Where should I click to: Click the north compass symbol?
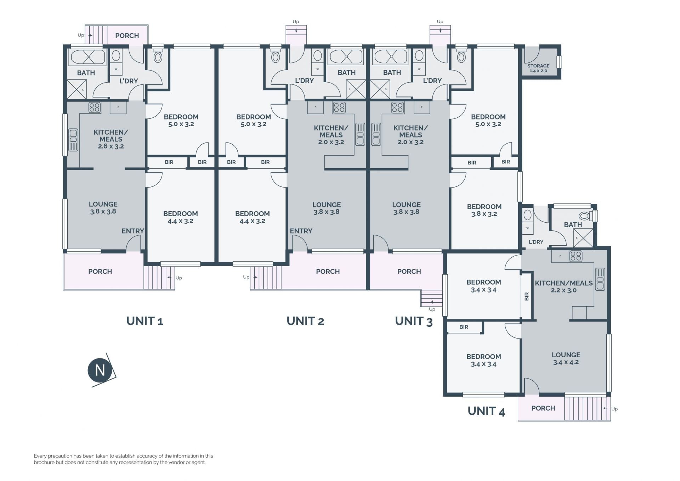tap(100, 370)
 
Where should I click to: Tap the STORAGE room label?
tap(538, 66)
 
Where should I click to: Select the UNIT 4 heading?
tap(486, 411)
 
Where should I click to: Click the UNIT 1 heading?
tap(144, 321)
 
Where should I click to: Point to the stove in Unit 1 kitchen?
tap(95, 107)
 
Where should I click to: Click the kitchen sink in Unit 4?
tap(600, 279)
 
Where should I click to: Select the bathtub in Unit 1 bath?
tap(86, 57)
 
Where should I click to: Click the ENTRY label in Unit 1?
tap(133, 231)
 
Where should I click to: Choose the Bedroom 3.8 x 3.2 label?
tap(484, 210)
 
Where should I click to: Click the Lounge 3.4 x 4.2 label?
tap(566, 358)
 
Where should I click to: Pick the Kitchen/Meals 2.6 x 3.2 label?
tap(111, 139)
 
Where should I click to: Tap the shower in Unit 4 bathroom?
tap(583, 237)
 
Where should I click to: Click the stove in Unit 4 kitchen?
tap(576, 256)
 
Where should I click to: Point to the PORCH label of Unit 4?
tap(543, 408)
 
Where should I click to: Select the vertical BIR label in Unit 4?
tap(527, 296)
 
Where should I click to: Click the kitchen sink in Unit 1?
tap(73, 140)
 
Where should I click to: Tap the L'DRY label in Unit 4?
tap(536, 242)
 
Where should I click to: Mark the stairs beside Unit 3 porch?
tap(432, 298)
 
